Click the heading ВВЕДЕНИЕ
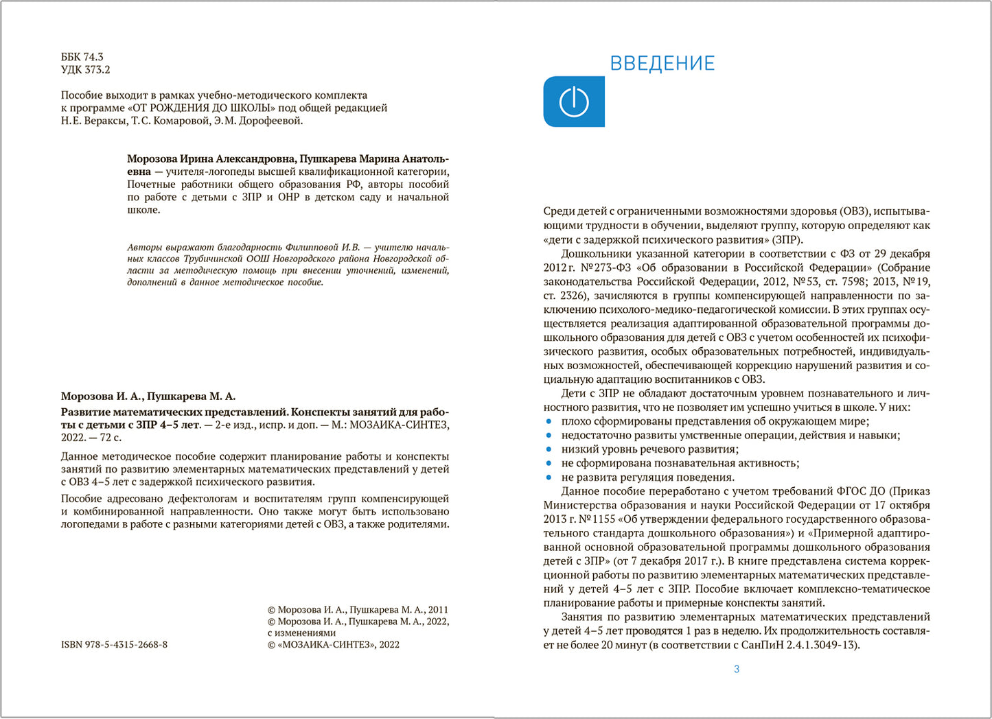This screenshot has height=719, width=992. click(662, 64)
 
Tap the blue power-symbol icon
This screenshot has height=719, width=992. click(574, 102)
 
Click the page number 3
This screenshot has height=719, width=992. click(737, 669)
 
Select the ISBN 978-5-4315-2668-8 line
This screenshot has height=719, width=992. click(114, 645)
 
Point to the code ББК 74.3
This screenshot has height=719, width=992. click(82, 57)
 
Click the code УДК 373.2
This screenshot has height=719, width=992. click(85, 69)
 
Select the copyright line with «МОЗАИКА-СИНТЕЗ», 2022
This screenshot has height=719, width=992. click(333, 645)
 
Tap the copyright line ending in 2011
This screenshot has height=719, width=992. click(357, 609)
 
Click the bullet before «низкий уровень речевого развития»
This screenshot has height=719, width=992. click(549, 449)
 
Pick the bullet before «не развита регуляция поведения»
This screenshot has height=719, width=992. click(549, 478)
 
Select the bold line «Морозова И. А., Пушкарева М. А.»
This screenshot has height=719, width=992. click(148, 397)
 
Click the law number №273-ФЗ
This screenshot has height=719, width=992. click(607, 268)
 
